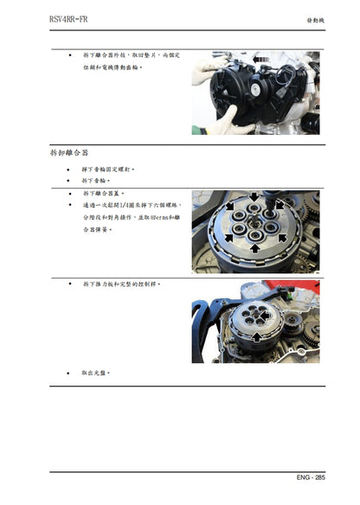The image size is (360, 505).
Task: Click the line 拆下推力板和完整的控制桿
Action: click(122, 283)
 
